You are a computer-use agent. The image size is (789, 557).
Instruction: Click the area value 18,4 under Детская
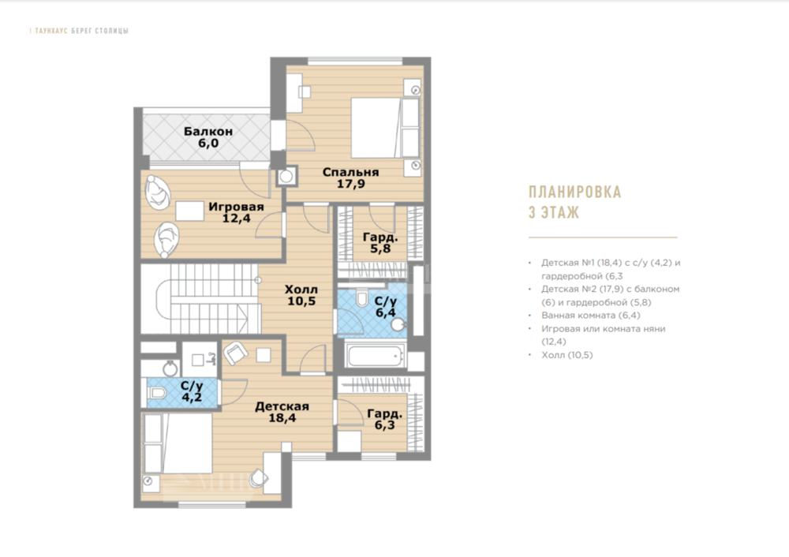(282, 418)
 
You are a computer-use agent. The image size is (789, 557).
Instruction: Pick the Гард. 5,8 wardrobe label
(380, 242)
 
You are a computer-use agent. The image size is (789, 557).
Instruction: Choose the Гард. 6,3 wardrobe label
(384, 419)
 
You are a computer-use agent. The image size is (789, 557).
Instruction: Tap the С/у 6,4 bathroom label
(386, 307)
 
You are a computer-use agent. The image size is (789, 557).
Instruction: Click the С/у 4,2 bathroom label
(192, 391)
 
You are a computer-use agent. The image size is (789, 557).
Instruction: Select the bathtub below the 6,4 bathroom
(376, 356)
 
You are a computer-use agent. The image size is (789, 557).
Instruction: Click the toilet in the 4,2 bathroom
(158, 392)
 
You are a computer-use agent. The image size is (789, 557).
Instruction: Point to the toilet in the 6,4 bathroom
(362, 297)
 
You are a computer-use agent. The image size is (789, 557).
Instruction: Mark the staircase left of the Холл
(200, 299)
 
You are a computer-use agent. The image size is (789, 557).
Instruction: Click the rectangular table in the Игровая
(189, 211)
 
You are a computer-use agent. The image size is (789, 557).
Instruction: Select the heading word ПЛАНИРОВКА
(574, 193)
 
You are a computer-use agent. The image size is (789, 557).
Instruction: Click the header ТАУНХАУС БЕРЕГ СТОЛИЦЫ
(81, 31)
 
